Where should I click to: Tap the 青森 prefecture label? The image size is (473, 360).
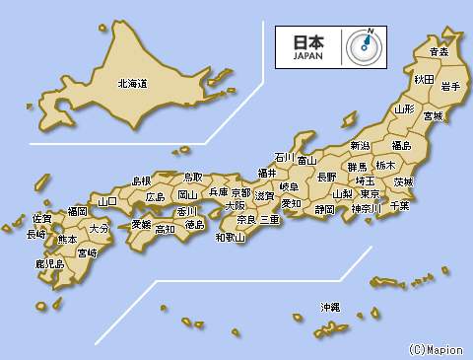[439, 51]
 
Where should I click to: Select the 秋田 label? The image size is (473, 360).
[424, 78]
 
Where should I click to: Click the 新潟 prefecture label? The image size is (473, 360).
[360, 146]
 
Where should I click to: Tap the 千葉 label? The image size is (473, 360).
[399, 205]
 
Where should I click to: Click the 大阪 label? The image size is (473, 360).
[235, 206]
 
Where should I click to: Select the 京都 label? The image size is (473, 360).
[240, 192]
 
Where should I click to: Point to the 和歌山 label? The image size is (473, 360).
[230, 237]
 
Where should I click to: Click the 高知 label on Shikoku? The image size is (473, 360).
[165, 229]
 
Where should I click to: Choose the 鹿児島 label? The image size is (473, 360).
[49, 264]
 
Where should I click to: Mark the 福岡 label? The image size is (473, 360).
[77, 211]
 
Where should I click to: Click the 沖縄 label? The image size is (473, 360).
[329, 308]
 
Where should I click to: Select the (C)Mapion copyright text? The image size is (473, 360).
[434, 349]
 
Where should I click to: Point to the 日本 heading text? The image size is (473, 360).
[308, 42]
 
